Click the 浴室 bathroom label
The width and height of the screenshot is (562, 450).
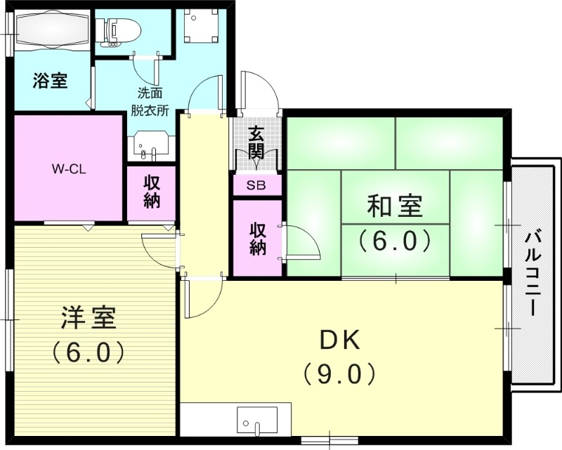50,81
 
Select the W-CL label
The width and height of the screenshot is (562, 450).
69,168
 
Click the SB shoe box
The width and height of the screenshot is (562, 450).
257,185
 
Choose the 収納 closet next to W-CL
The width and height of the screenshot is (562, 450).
151,192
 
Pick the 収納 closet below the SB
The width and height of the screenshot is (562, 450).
257,238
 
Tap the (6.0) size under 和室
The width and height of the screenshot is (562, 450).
394,241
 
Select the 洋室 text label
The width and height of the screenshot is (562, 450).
89,318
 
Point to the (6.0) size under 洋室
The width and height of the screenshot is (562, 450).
89,351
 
